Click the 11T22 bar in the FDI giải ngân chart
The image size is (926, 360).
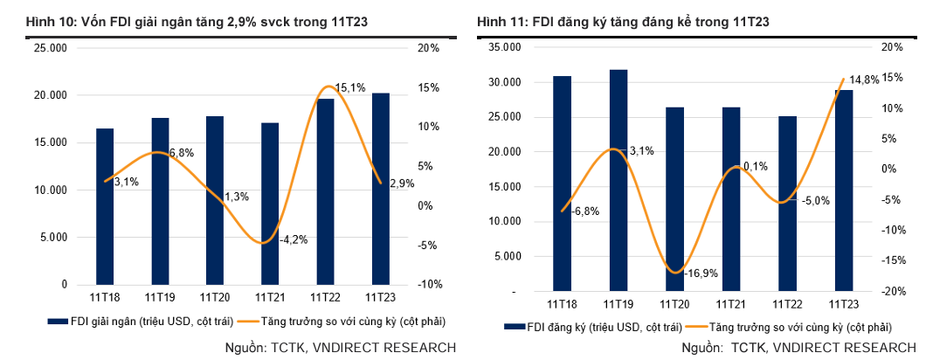pos(325,191)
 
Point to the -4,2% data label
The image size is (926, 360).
pos(293,239)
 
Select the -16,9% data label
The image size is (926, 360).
pos(701,273)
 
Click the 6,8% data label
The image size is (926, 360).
pos(181,153)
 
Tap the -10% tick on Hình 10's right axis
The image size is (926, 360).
pos(428,285)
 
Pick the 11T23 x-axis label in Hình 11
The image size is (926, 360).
pos(843,304)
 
